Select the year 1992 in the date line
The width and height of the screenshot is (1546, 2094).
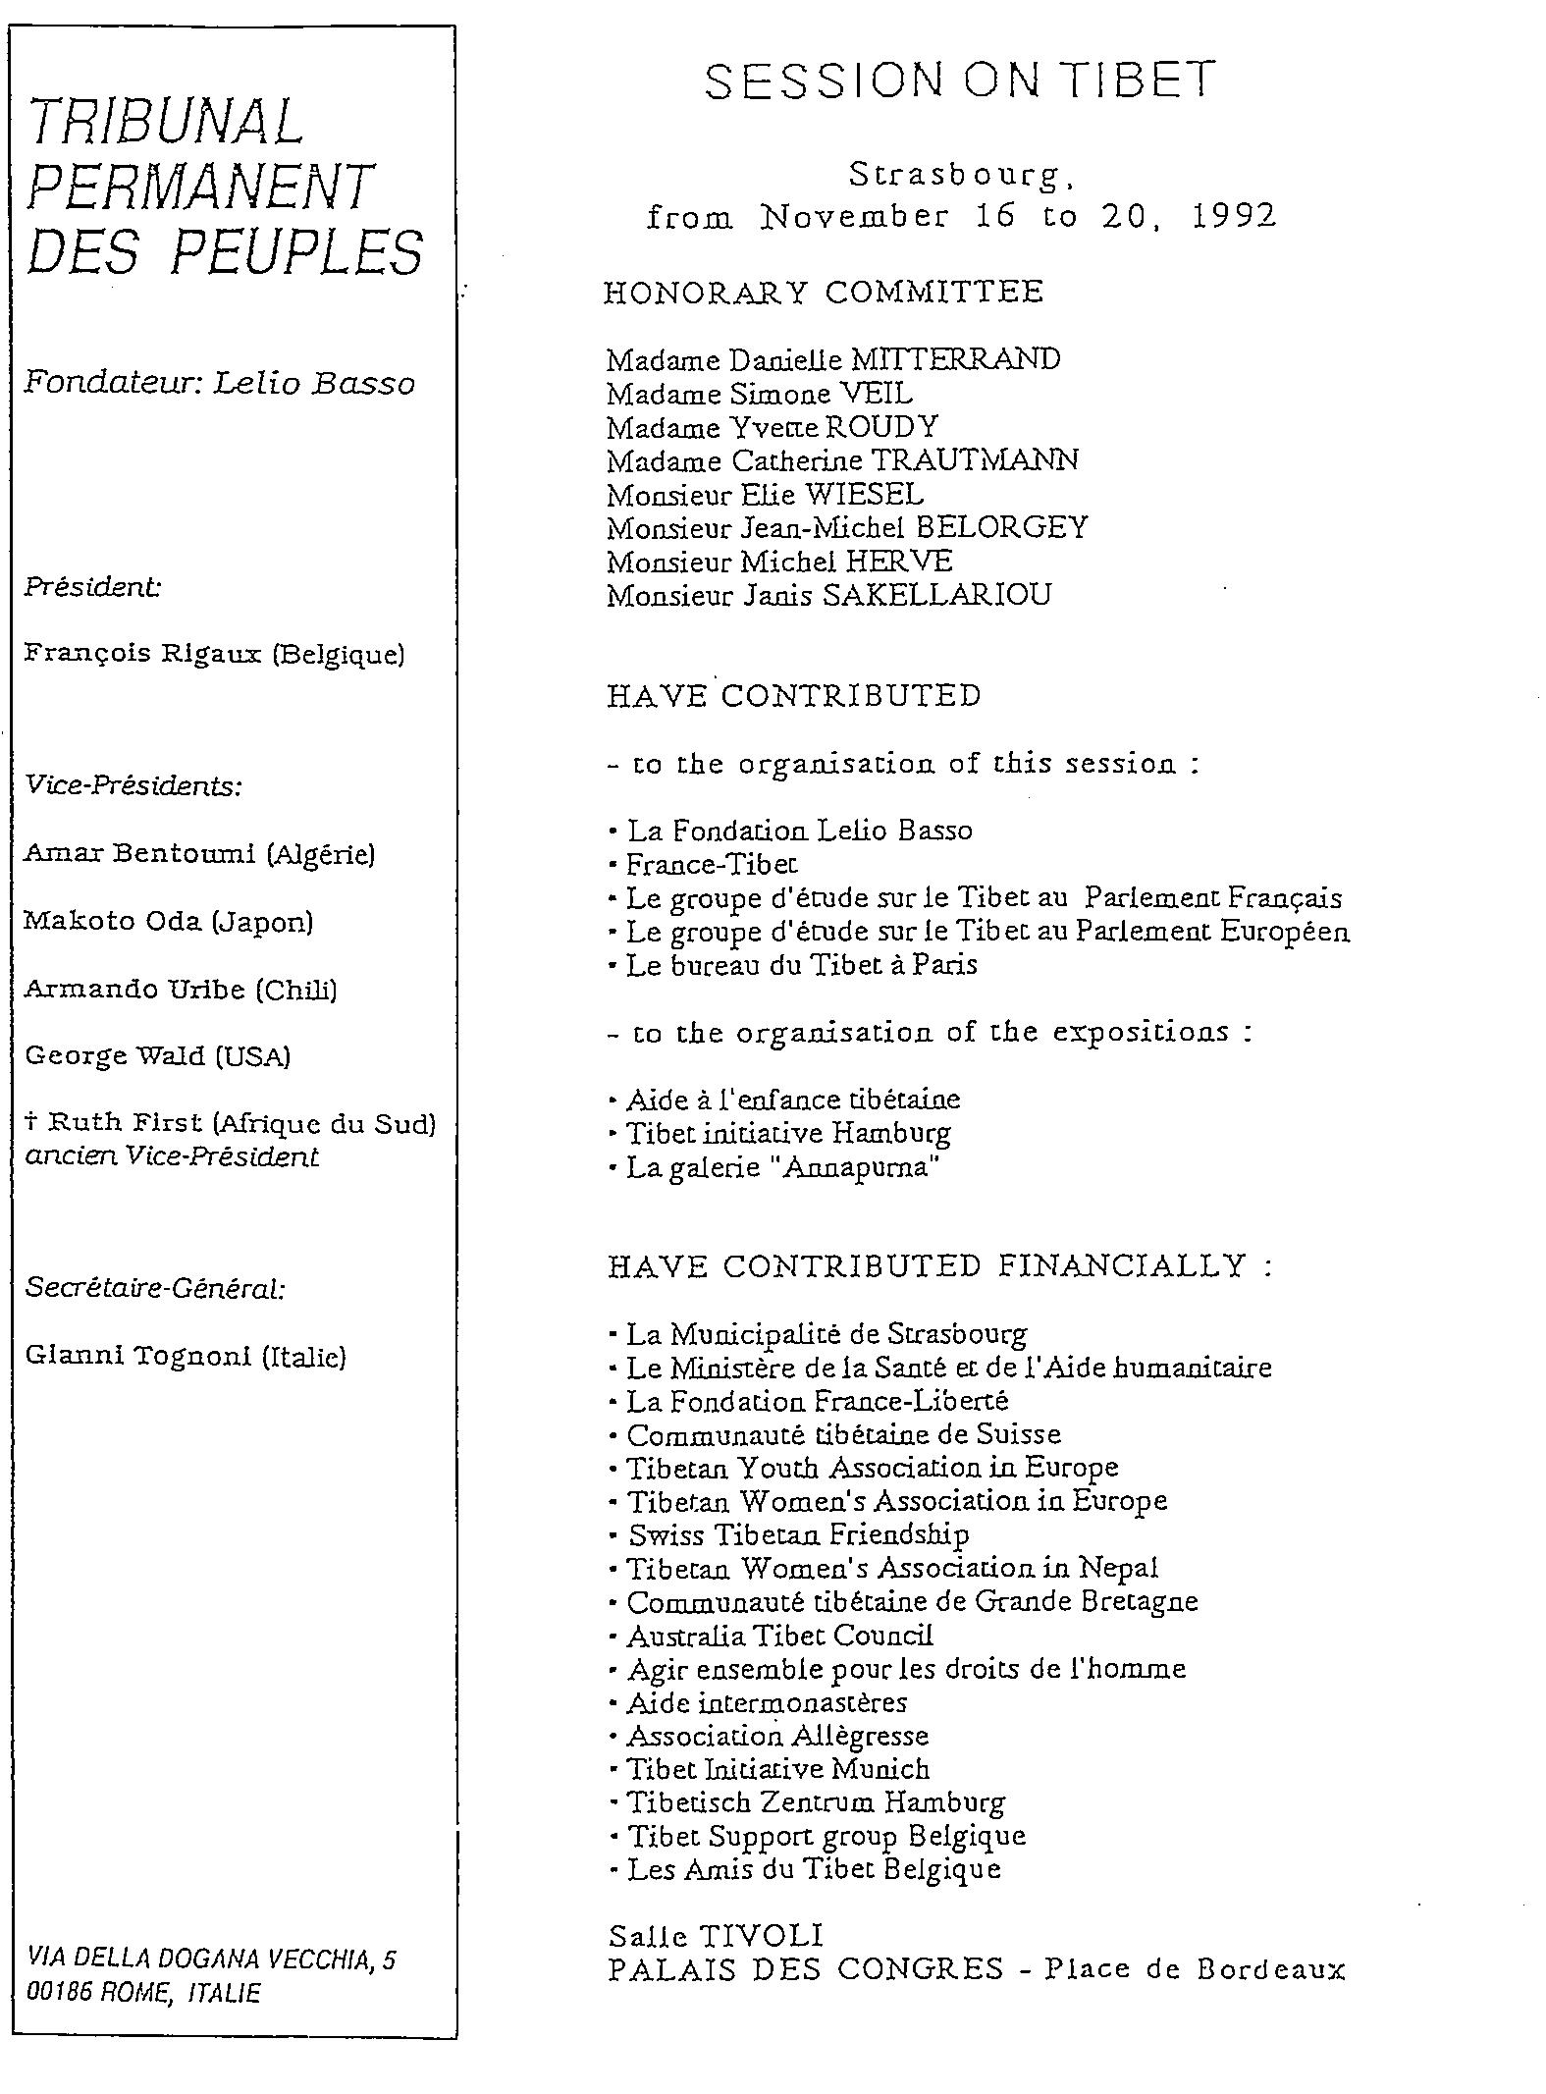tap(1234, 216)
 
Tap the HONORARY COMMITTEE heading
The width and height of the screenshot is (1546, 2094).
tap(824, 292)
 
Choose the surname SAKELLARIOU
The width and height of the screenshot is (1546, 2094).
tap(936, 595)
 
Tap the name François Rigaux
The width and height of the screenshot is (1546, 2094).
tap(144, 654)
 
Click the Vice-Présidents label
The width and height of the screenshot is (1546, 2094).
tap(133, 786)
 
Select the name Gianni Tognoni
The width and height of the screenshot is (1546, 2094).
tap(139, 1356)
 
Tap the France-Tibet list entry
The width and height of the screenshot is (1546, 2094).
tap(712, 864)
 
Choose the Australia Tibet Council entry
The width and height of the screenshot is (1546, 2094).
tap(779, 1636)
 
